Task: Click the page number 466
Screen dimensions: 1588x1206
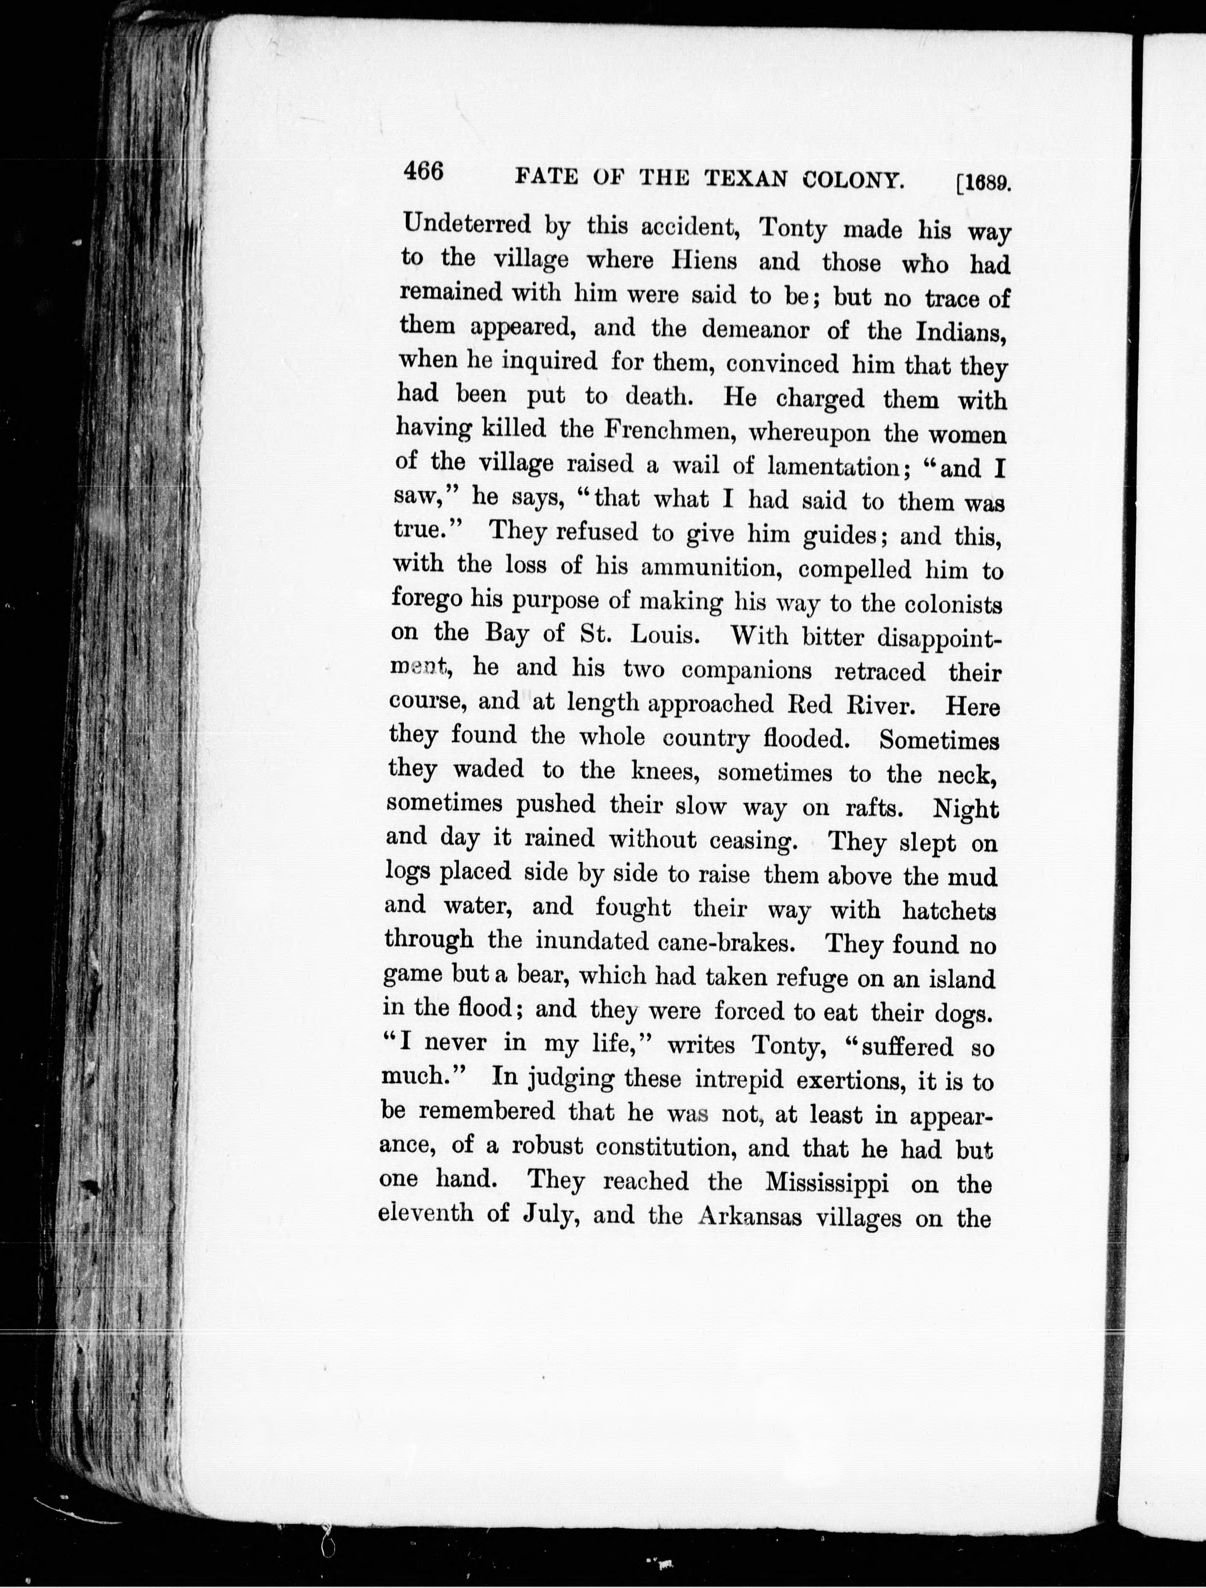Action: click(424, 173)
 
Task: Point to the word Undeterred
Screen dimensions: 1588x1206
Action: click(466, 225)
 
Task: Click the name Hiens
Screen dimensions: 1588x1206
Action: click(704, 261)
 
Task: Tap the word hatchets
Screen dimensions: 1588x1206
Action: click(949, 911)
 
